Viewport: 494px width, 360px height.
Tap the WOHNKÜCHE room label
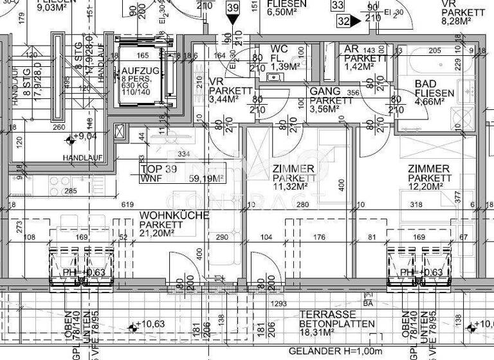(x=174, y=215)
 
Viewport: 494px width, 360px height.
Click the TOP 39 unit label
(x=158, y=168)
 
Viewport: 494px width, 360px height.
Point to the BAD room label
(x=426, y=84)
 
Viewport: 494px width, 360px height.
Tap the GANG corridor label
(x=325, y=91)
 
